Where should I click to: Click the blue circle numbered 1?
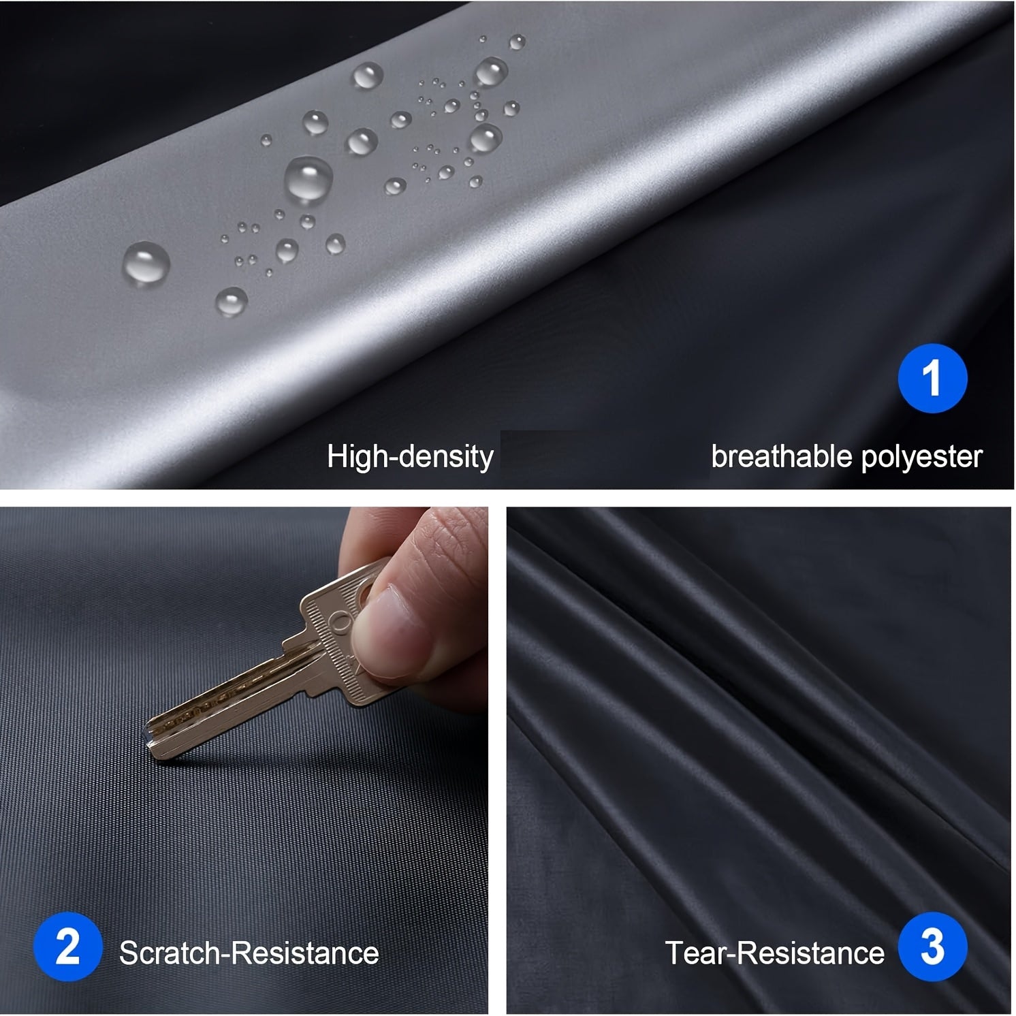(x=932, y=379)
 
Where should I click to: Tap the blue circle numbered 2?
(x=67, y=947)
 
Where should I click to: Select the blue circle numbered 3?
(x=932, y=947)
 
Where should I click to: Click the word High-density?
(x=410, y=457)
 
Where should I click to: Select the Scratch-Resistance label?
(x=249, y=953)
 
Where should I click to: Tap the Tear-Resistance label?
(x=774, y=953)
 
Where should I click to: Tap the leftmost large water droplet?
(x=146, y=263)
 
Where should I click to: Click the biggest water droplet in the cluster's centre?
(x=308, y=179)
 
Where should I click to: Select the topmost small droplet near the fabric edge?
(x=518, y=42)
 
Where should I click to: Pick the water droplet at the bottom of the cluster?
(x=232, y=300)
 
